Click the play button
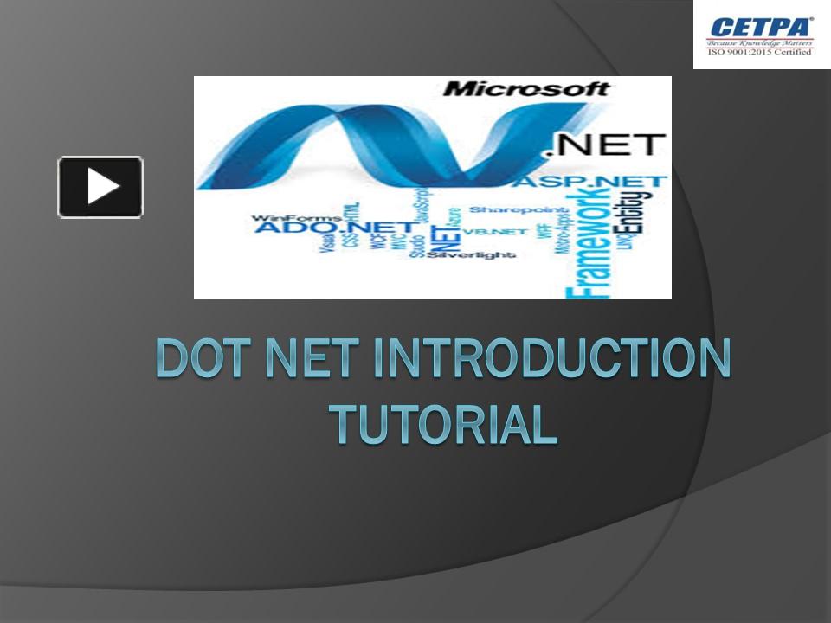pos(100,187)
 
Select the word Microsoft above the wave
pos(526,88)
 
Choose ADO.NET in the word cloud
pos(295,228)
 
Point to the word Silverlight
pos(471,255)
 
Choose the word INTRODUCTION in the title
pos(551,359)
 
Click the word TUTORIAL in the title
pos(442,422)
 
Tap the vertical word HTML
pos(354,215)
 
